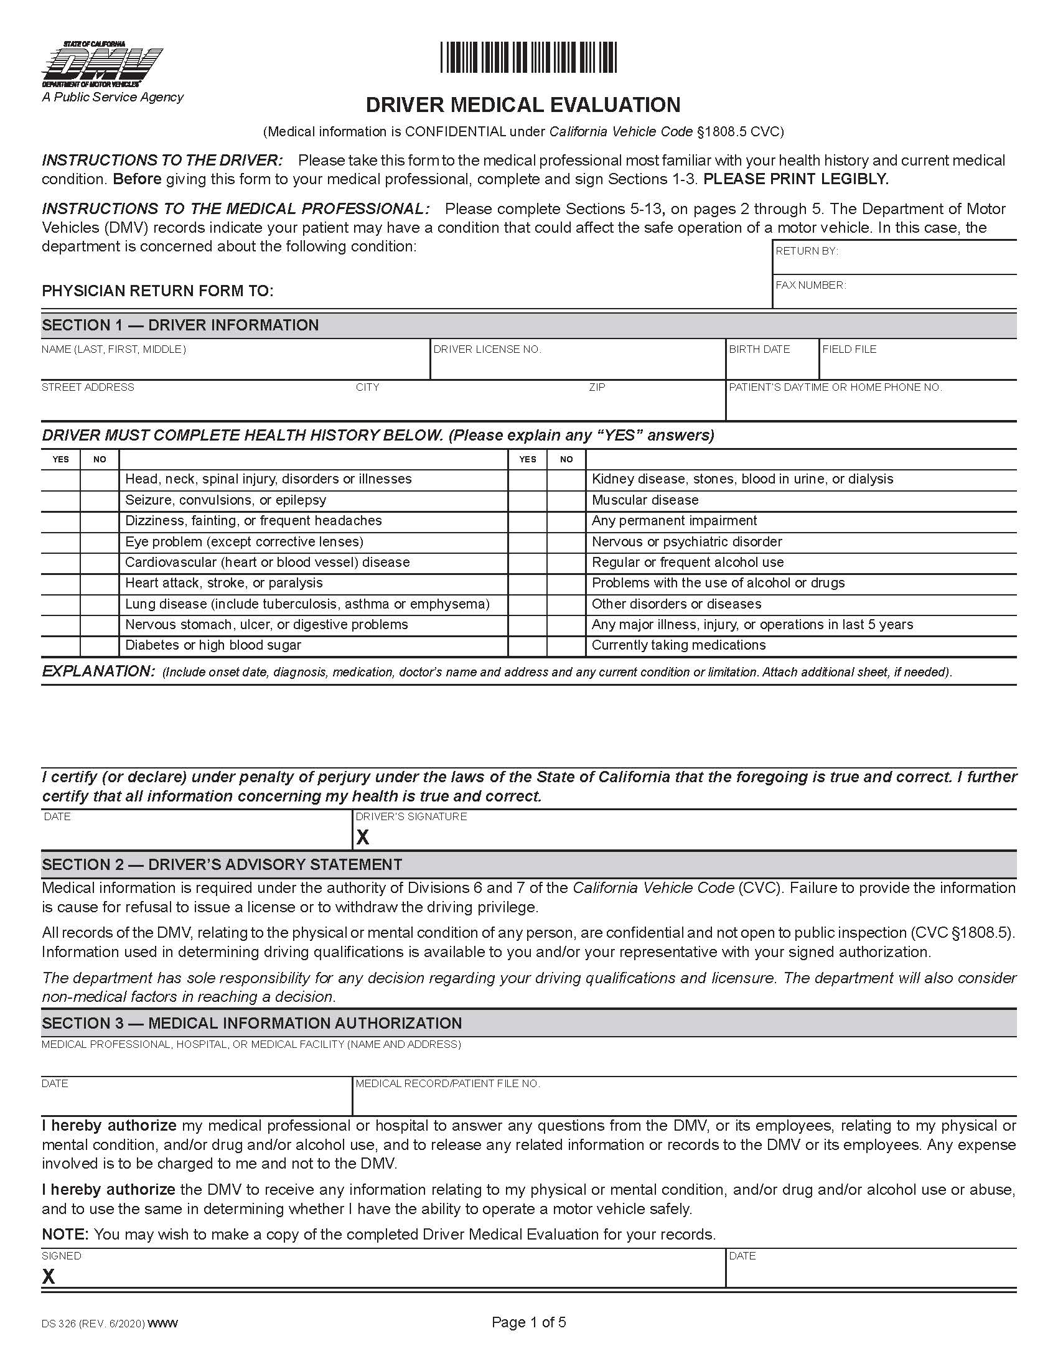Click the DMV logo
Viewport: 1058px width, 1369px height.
102,65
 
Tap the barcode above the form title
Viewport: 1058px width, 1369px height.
528,58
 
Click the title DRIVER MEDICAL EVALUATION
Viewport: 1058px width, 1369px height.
523,105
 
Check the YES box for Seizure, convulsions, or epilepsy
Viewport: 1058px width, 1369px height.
60,500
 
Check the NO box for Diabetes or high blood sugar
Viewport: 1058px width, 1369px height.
99,646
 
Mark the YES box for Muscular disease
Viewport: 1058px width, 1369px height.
527,500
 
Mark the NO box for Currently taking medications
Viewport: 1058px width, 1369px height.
566,646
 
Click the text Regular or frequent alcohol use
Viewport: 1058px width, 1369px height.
688,563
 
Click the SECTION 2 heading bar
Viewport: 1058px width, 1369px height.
528,864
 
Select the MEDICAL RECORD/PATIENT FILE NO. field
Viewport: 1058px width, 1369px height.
683,1098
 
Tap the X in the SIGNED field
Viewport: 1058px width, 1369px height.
49,1276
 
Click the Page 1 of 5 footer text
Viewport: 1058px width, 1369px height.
528,1322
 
